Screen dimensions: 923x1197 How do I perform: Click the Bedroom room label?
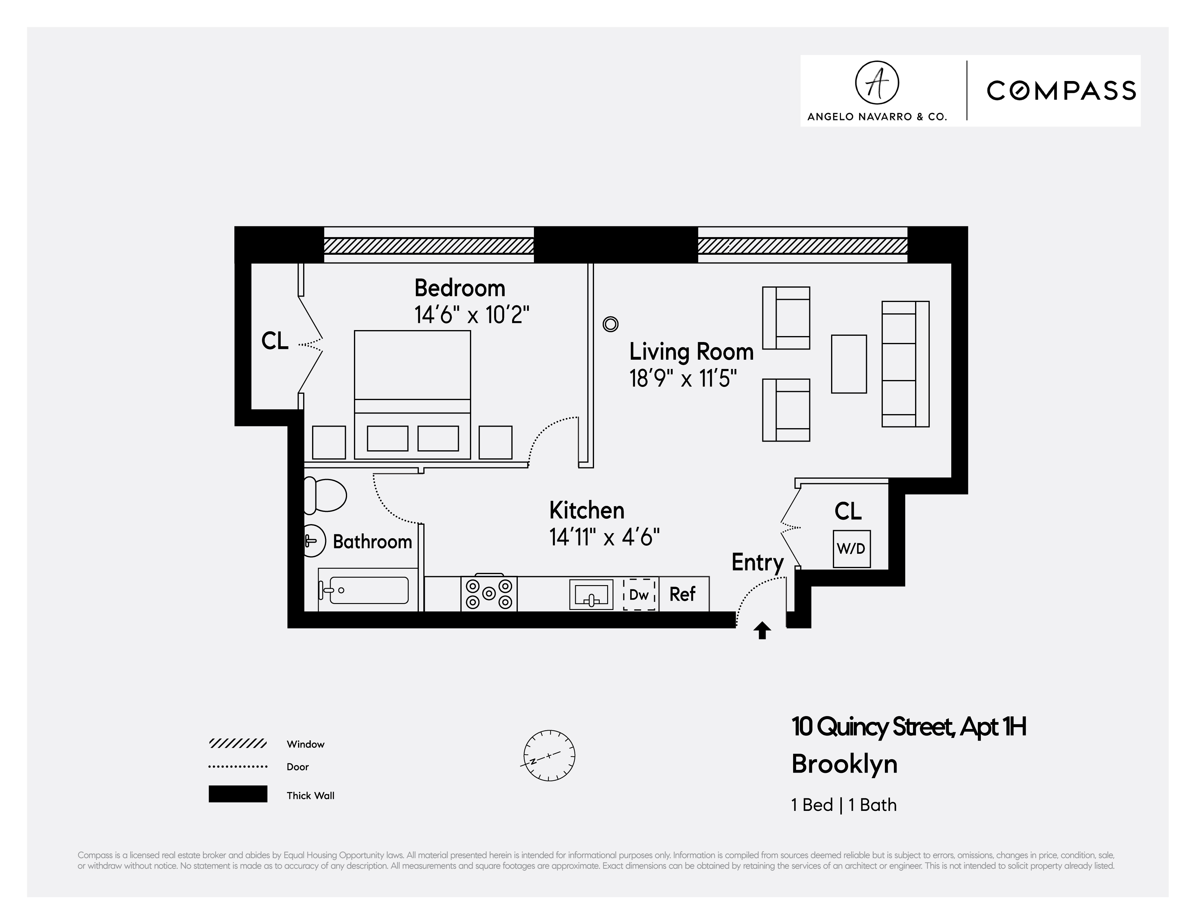pyautogui.click(x=459, y=288)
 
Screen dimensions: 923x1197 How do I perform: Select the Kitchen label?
pyautogui.click(x=587, y=511)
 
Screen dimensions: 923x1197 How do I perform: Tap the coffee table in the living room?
pyautogui.click(x=848, y=364)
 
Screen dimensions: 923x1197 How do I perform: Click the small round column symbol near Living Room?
pyautogui.click(x=610, y=324)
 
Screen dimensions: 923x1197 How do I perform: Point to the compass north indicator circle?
pyautogui.click(x=549, y=755)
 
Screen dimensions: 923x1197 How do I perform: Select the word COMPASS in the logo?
pyautogui.click(x=1061, y=91)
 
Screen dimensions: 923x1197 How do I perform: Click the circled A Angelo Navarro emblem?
pyautogui.click(x=877, y=83)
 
